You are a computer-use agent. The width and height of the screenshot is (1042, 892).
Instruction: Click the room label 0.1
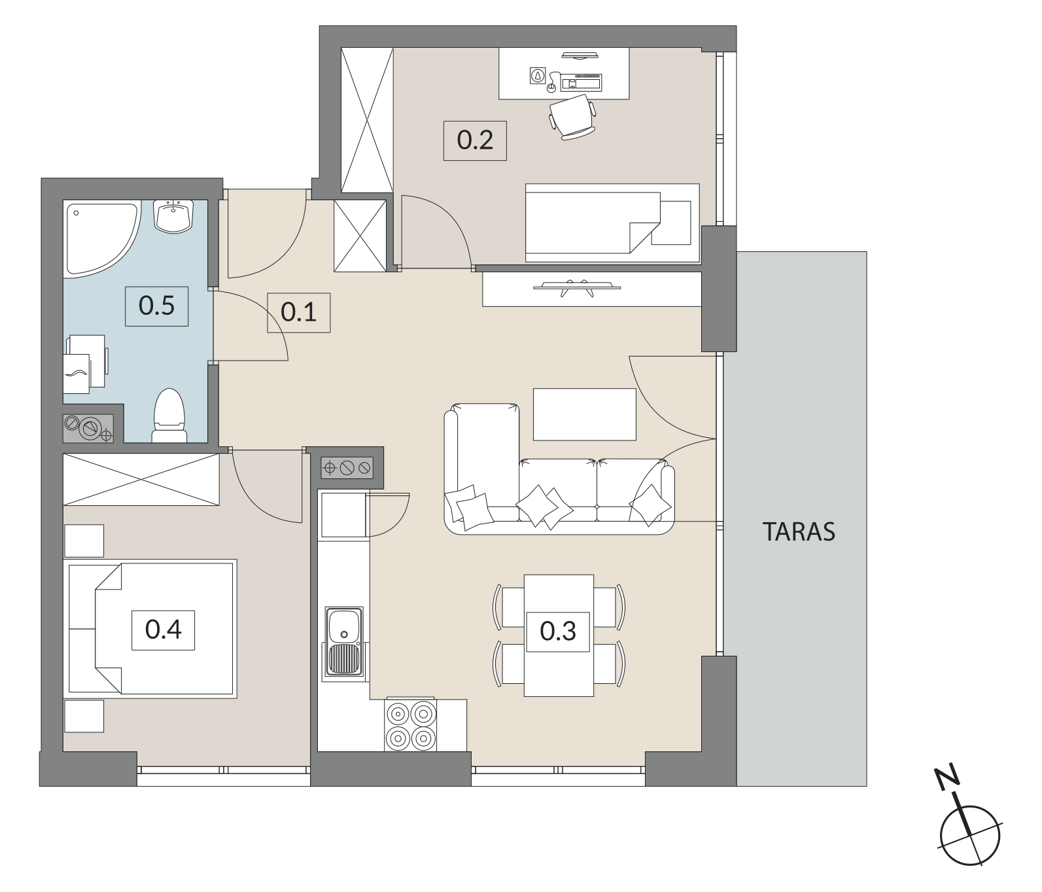(298, 312)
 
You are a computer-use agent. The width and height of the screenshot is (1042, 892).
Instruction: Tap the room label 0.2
(475, 140)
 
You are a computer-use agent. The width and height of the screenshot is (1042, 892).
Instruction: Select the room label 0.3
(558, 632)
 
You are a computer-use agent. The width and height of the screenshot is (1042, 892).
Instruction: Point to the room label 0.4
(163, 630)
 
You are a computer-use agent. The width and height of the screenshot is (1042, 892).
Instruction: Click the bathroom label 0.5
(157, 306)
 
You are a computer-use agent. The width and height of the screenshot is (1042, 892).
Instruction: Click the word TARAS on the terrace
(799, 532)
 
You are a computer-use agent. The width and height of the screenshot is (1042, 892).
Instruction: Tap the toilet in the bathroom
(169, 416)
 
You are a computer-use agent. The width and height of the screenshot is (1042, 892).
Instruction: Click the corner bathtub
(98, 237)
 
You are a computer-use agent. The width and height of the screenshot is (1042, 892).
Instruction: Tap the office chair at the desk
(572, 116)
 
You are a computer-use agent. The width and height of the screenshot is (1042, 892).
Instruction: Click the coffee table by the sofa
(585, 415)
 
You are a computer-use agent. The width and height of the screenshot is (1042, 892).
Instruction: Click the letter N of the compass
(948, 776)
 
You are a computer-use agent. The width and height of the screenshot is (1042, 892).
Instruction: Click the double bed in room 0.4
(150, 628)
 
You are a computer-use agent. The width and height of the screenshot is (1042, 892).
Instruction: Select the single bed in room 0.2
(612, 223)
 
